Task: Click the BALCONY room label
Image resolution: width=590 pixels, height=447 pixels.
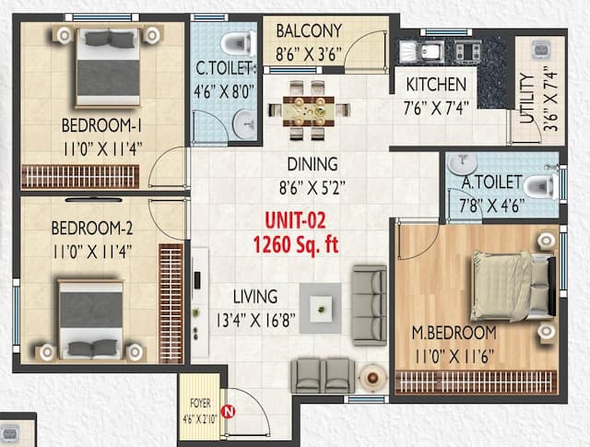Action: (309, 31)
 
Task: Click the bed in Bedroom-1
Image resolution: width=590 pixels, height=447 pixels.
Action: (109, 65)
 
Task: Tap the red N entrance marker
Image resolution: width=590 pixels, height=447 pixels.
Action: (229, 411)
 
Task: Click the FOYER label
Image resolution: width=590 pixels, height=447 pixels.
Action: (200, 402)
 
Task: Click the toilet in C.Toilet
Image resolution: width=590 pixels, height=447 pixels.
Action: (238, 42)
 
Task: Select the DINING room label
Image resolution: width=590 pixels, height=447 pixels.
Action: (312, 164)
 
